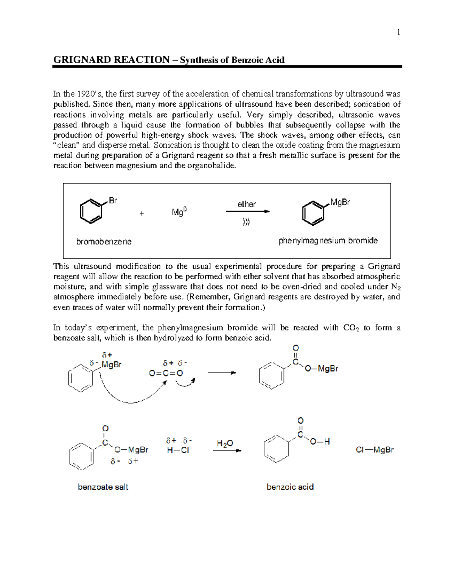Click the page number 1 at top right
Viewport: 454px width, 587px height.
(x=398, y=32)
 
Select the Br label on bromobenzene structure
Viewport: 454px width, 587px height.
(x=113, y=200)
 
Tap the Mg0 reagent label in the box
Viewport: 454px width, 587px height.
(x=179, y=212)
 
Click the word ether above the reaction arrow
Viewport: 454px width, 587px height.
(x=247, y=204)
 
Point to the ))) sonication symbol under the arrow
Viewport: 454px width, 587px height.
(x=246, y=222)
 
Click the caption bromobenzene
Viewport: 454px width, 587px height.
(x=104, y=242)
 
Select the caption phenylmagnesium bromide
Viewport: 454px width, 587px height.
(x=328, y=241)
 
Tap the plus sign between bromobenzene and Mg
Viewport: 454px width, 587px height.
(x=142, y=214)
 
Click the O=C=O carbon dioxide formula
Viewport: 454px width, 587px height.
(x=166, y=373)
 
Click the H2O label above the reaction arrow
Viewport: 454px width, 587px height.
(x=225, y=444)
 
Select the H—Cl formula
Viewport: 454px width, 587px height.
(x=178, y=450)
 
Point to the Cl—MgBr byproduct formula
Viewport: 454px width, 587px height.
(x=375, y=450)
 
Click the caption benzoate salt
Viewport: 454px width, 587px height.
(x=103, y=487)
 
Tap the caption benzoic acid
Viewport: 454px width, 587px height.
(x=290, y=487)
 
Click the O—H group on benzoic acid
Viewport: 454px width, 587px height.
(x=320, y=441)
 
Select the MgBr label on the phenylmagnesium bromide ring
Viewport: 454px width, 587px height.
(x=340, y=202)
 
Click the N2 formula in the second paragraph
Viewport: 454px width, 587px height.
(x=396, y=287)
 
